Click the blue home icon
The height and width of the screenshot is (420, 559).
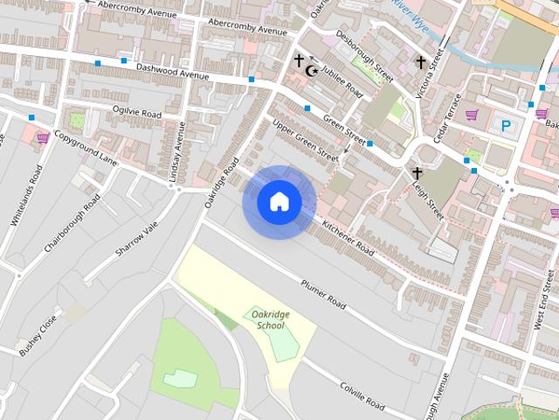279,202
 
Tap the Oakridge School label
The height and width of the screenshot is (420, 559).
266,319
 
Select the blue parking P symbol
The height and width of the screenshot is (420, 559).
506,126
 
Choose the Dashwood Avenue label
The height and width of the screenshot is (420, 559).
173,71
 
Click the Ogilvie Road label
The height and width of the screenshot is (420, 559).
137,113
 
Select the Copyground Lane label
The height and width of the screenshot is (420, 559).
85,147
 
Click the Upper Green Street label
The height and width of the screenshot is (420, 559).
305,139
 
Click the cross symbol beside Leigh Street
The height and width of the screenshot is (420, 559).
417,173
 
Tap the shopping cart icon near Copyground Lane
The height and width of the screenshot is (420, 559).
42,137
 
